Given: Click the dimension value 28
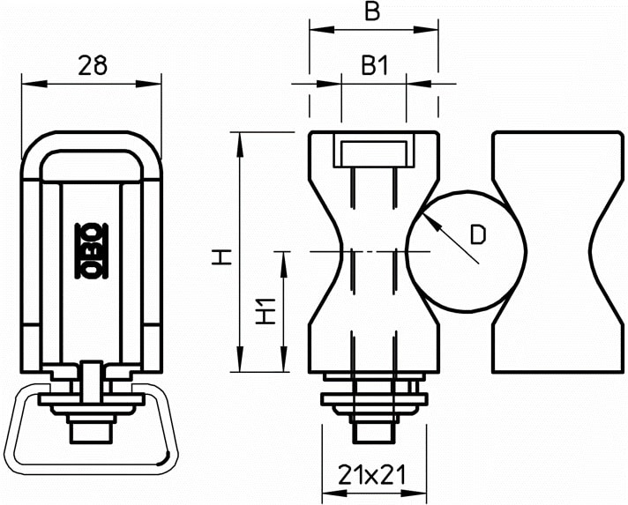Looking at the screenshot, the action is click(x=93, y=65).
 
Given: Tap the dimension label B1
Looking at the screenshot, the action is click(x=375, y=65).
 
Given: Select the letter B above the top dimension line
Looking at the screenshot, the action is click(x=372, y=11).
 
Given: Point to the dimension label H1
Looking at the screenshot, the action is click(x=266, y=311).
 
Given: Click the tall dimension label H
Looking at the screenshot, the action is click(x=222, y=256).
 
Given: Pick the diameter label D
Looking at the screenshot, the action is click(x=477, y=235).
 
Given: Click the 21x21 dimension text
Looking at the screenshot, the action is click(x=372, y=475).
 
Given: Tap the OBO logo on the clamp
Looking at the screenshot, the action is click(x=92, y=251).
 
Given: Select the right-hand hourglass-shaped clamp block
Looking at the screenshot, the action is click(x=557, y=252).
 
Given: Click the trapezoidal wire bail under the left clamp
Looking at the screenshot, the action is click(x=92, y=470).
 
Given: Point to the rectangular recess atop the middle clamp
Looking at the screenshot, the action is click(x=374, y=150).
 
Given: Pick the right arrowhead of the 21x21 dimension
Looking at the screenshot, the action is click(x=414, y=493).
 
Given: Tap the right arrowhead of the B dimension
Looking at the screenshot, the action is click(x=426, y=30).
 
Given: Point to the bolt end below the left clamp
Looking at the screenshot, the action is click(x=91, y=433).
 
